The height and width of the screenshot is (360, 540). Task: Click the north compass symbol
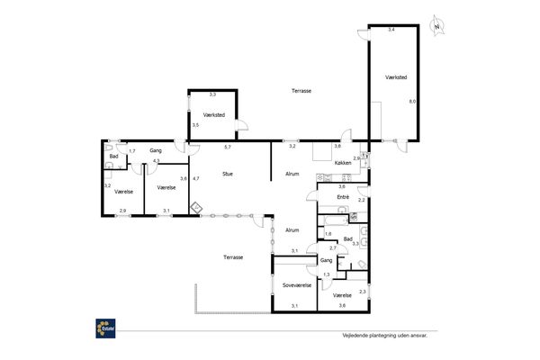click(437, 26)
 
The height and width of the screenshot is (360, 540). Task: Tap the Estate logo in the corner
click(105, 328)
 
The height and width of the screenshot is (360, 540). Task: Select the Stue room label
click(228, 174)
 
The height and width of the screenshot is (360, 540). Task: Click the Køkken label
click(343, 163)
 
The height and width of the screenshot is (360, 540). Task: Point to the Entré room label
click(343, 197)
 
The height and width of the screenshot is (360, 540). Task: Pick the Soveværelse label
click(297, 285)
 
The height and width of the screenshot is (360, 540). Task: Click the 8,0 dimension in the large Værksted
click(412, 102)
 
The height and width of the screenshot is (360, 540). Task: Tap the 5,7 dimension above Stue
click(228, 147)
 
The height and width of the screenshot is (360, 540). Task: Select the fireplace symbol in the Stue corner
click(196, 208)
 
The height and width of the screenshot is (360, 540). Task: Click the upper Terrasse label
click(301, 91)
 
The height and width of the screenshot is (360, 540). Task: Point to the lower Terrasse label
click(233, 257)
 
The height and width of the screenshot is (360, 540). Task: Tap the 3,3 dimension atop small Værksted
click(212, 94)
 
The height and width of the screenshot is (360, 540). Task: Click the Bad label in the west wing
click(113, 157)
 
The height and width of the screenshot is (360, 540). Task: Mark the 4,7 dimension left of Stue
click(196, 178)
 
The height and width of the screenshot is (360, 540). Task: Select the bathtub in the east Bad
click(336, 220)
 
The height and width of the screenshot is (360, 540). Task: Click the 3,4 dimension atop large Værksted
click(391, 30)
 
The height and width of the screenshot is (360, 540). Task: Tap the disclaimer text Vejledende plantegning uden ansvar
click(384, 335)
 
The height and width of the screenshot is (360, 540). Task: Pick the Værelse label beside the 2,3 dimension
click(342, 295)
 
